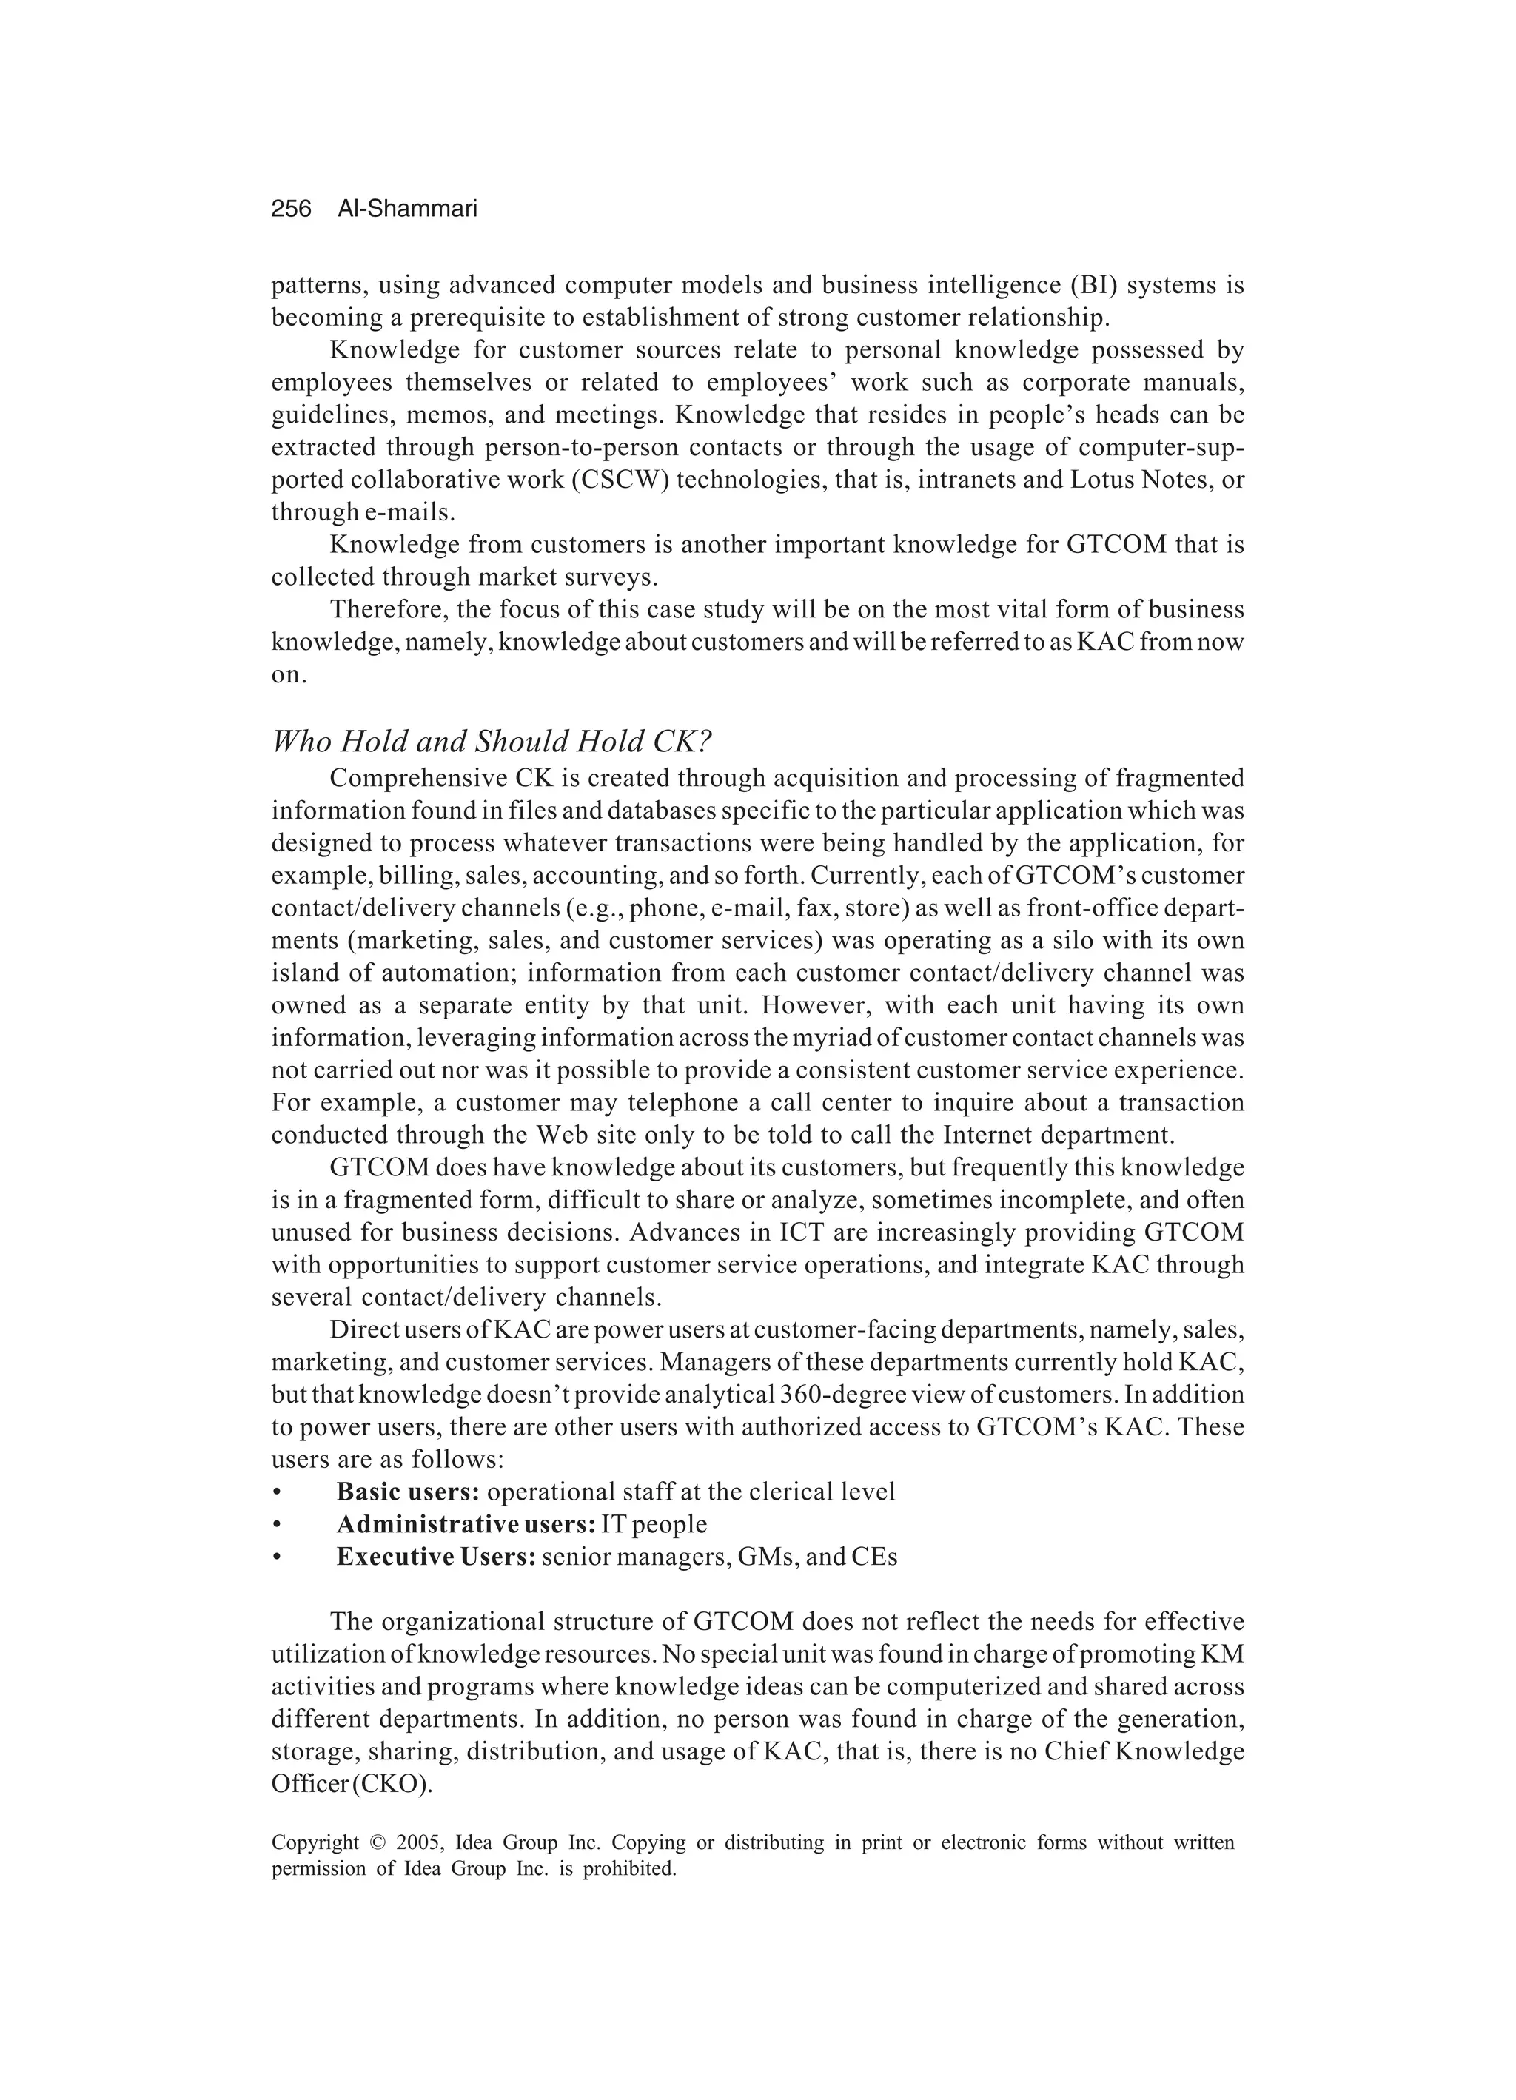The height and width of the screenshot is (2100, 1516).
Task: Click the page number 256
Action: click(x=291, y=209)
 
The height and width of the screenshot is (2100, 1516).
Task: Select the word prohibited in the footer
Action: click(x=628, y=1868)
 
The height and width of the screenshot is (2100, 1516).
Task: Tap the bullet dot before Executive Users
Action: click(x=276, y=1557)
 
